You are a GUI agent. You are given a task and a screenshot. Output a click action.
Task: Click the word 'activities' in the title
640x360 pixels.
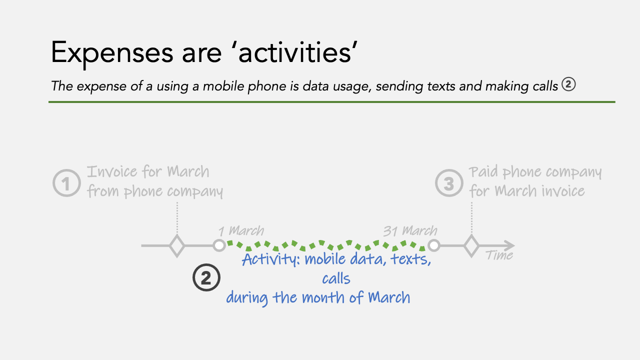(x=297, y=52)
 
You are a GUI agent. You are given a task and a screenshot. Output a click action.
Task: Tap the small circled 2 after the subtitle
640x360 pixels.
(x=568, y=84)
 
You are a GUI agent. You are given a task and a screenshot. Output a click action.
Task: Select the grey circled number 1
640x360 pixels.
(x=66, y=183)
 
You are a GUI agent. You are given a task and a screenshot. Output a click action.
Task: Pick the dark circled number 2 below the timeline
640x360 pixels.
(x=206, y=277)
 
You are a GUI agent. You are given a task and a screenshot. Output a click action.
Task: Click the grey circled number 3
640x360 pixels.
(x=449, y=183)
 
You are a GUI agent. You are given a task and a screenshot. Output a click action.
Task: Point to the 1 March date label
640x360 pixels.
(x=241, y=231)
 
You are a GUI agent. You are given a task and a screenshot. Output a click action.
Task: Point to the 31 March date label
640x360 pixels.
(x=410, y=231)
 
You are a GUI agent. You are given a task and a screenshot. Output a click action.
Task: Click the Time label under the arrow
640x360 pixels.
(x=499, y=255)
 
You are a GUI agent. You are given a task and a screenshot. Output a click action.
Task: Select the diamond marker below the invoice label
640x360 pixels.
(x=177, y=245)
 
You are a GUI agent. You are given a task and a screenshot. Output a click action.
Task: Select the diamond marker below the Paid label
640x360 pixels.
(x=471, y=245)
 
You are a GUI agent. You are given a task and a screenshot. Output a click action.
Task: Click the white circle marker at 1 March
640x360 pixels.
(x=219, y=245)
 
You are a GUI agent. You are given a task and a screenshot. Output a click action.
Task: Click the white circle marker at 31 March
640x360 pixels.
(x=433, y=245)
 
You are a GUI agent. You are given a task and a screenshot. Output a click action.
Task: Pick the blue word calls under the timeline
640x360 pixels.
(x=336, y=278)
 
